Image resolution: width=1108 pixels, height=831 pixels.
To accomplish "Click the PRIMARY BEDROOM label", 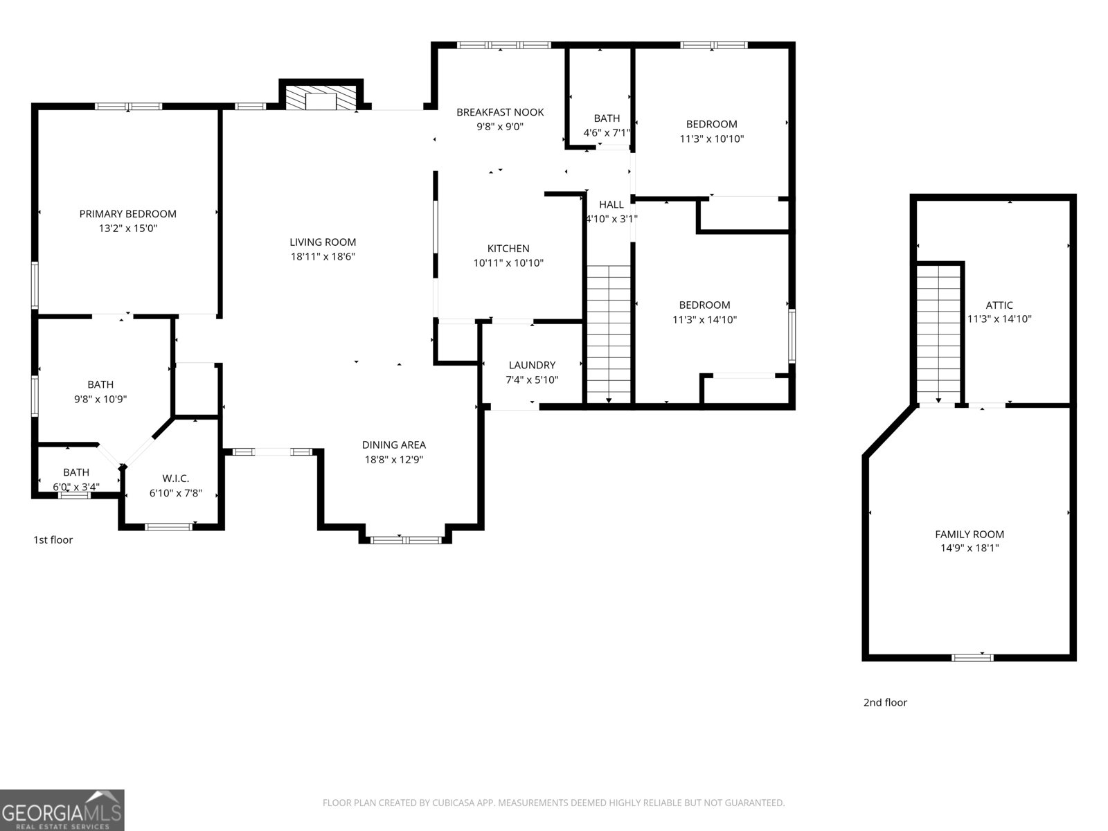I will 127,214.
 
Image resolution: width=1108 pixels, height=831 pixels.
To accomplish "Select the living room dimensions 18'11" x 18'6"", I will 323,256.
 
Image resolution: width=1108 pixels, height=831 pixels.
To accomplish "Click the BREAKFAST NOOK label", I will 500,112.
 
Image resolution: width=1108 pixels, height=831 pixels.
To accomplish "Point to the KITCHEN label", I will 508,249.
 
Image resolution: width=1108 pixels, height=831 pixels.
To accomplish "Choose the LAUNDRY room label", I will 532,365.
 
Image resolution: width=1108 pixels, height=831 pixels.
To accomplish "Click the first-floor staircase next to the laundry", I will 609,334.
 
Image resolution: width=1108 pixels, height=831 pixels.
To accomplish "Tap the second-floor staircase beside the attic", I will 938,334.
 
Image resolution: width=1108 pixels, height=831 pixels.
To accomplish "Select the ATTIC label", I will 999,305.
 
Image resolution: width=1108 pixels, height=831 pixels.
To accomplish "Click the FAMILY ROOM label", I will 969,534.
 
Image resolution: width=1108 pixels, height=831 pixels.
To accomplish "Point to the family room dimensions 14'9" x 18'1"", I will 969,548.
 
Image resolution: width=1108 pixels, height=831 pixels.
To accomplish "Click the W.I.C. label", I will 175,479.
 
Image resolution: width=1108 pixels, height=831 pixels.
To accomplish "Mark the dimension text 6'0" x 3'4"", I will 76,487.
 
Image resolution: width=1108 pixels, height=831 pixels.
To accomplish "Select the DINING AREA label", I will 394,445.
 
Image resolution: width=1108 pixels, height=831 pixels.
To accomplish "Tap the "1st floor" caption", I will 53,539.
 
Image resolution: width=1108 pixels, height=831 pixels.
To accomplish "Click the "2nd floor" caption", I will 885,702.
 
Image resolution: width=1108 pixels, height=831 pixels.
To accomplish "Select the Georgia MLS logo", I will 62,810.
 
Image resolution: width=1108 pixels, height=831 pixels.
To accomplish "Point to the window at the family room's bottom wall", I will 972,657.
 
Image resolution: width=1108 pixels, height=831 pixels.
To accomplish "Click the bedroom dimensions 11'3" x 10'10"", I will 712,138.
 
